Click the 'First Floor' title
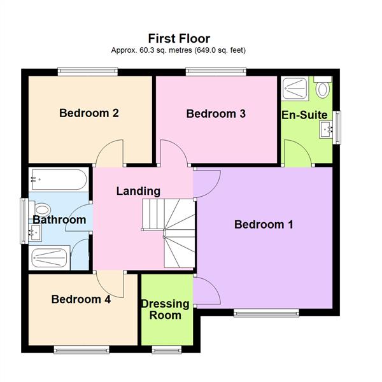coord(179,39)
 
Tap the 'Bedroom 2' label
coord(89,113)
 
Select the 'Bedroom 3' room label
coord(216,114)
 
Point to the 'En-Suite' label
coord(304,115)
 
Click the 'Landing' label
coord(138,191)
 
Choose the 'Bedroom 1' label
coord(264,224)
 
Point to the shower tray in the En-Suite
coord(295,88)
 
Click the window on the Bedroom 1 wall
coord(265,313)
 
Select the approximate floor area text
coord(179,50)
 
